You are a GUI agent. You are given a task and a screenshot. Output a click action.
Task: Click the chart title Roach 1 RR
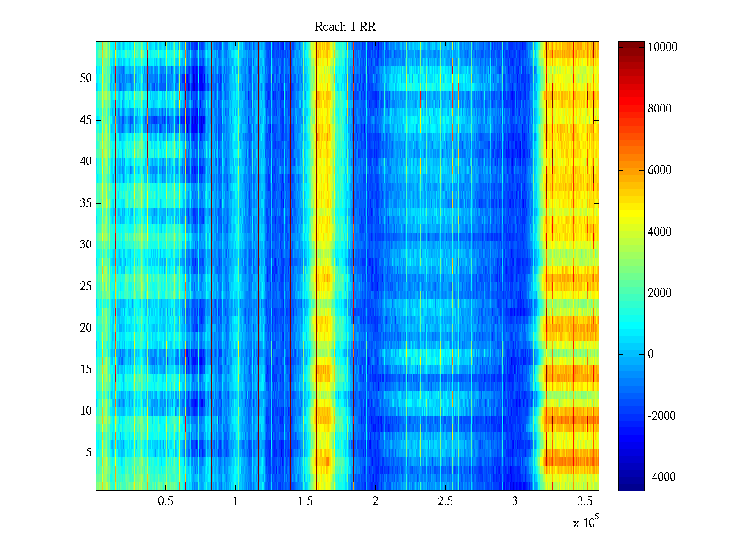click(345, 27)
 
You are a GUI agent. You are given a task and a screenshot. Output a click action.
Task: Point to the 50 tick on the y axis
click(86, 79)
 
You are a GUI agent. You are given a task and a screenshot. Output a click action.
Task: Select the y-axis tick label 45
click(86, 120)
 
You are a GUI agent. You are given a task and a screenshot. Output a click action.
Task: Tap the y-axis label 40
click(86, 162)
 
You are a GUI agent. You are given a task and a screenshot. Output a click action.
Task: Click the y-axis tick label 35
click(86, 203)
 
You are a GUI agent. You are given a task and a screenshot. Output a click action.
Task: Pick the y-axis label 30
click(86, 245)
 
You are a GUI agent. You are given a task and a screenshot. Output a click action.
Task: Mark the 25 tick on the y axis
click(86, 287)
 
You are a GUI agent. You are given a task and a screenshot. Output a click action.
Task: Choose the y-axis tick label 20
click(86, 328)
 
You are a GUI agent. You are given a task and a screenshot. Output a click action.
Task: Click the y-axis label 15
click(86, 370)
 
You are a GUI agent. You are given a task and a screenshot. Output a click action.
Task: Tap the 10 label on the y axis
click(86, 411)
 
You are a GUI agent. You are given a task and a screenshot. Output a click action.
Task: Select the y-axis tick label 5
click(89, 453)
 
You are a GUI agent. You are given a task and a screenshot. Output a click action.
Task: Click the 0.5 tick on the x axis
click(165, 501)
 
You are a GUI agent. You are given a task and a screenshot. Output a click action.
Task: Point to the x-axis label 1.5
click(305, 501)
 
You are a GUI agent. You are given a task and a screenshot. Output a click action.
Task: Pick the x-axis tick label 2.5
click(445, 501)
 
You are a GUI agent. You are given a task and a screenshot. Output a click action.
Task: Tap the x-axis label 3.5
click(584, 501)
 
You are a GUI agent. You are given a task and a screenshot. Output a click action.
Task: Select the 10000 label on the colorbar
click(662, 47)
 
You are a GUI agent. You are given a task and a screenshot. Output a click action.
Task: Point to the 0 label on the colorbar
click(650, 354)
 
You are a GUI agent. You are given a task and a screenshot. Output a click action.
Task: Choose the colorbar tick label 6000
click(660, 170)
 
